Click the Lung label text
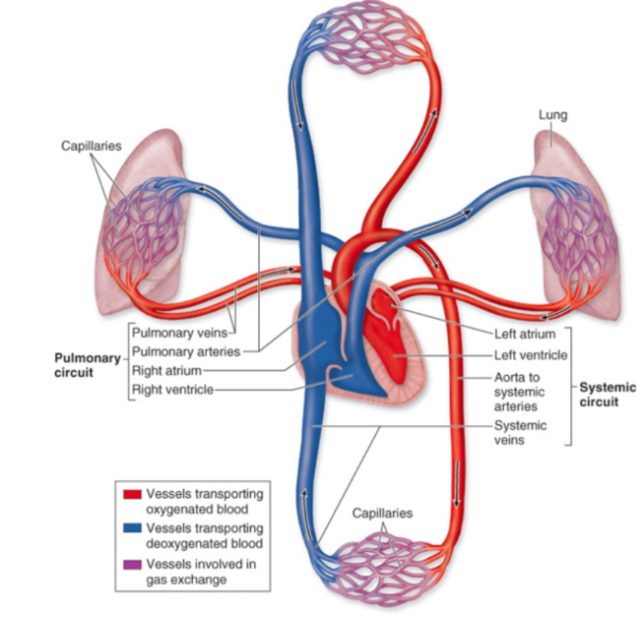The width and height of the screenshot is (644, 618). coord(552,116)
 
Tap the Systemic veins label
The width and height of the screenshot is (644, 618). coord(522,434)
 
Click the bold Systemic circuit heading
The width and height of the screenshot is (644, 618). coord(607,395)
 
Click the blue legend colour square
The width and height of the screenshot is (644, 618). coord(132,530)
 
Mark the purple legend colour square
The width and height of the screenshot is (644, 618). coord(132,566)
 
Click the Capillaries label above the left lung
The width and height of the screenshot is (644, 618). coord(91,146)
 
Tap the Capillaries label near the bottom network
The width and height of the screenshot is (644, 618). coord(382,514)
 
